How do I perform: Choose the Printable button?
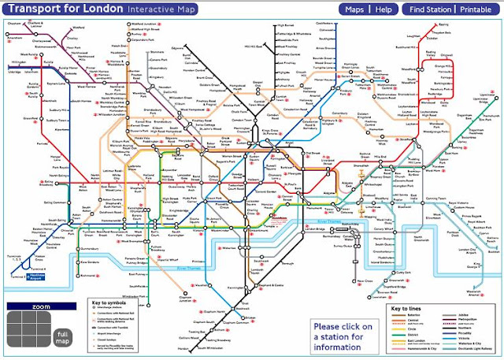point(476,9)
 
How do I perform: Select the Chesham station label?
point(13,24)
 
